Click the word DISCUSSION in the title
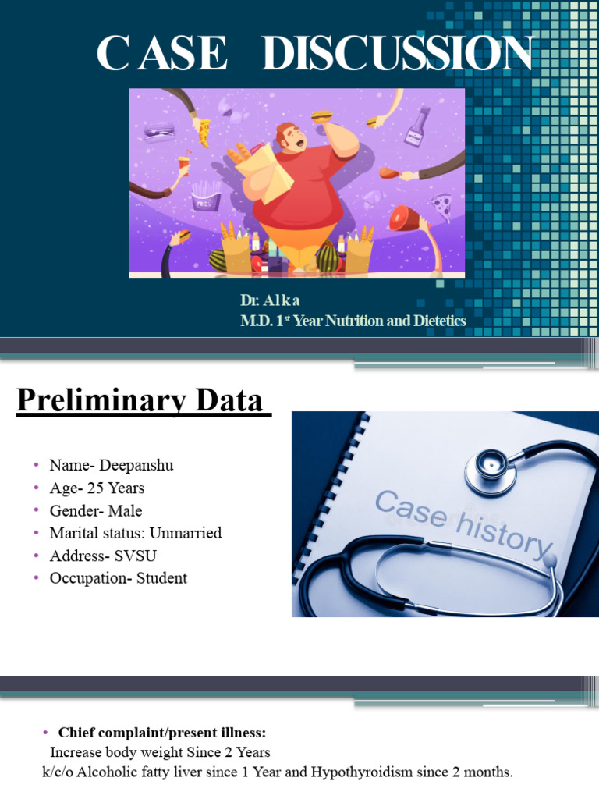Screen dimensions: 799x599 (397, 55)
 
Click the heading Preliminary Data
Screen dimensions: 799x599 (140, 401)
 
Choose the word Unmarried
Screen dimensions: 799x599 (185, 533)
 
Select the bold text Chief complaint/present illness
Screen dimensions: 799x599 (162, 733)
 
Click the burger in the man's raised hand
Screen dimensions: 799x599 (322, 117)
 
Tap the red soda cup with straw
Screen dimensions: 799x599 (184, 165)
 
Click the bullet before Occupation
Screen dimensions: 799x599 (36, 578)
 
